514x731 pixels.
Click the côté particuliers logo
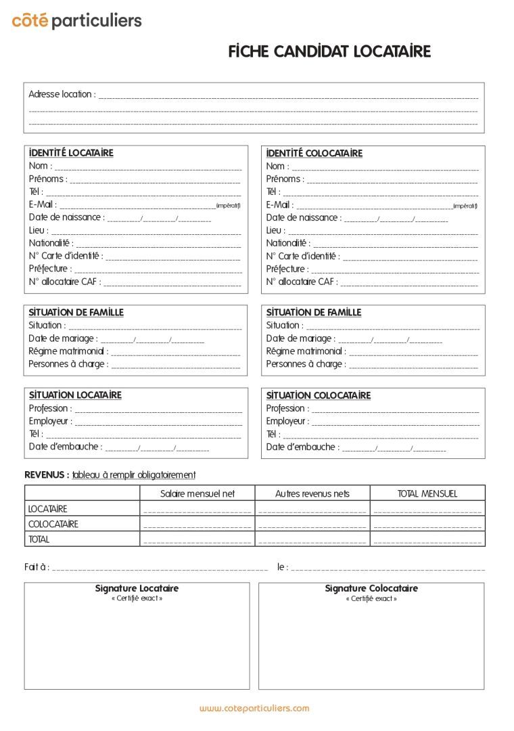click(x=76, y=21)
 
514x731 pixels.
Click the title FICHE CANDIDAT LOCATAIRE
click(x=329, y=52)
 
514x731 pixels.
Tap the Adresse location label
click(x=62, y=94)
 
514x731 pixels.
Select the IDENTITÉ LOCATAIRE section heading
click(x=71, y=153)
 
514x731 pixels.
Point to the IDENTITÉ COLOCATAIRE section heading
click(x=314, y=154)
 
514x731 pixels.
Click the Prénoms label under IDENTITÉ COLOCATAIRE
click(x=285, y=179)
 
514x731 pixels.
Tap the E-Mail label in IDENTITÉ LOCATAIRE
click(x=43, y=204)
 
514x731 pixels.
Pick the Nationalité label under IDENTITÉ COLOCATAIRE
click(x=287, y=243)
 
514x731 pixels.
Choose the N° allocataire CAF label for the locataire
click(x=64, y=282)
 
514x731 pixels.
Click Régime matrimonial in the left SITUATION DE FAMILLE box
click(x=68, y=351)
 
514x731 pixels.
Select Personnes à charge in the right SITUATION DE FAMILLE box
click(x=305, y=364)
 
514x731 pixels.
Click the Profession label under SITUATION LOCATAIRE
click(x=49, y=408)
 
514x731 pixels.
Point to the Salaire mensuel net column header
click(x=197, y=493)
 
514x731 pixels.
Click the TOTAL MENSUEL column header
click(x=427, y=493)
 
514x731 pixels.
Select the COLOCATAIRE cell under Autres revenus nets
click(x=312, y=524)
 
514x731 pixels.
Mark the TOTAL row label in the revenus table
click(x=39, y=539)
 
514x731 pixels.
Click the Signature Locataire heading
click(x=137, y=588)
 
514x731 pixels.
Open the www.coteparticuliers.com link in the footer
click(x=254, y=708)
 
